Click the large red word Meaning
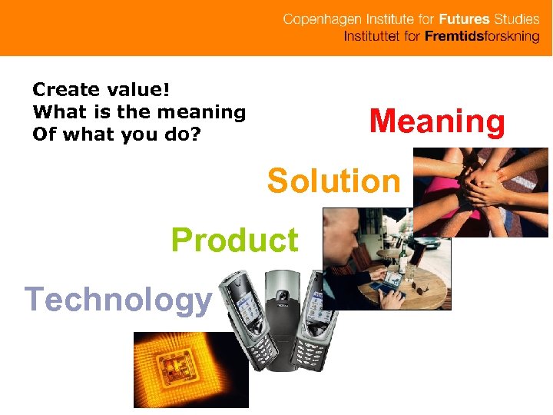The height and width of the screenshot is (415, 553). [x=437, y=123]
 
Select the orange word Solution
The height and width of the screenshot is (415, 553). [x=333, y=182]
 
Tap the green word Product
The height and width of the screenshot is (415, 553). [x=234, y=241]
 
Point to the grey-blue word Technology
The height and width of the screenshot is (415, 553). [x=118, y=298]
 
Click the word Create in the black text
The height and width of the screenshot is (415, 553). [x=66, y=89]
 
